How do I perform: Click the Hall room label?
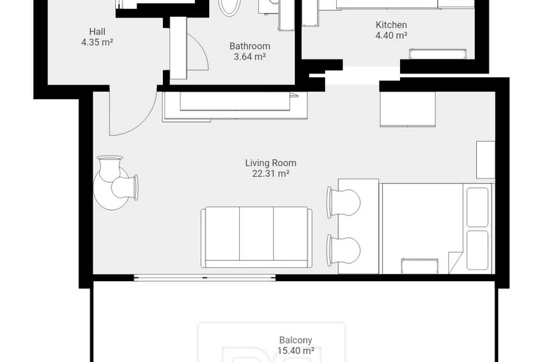click(98, 32)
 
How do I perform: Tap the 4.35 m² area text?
click(98, 43)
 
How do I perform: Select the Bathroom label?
click(249, 46)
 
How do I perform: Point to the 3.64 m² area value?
click(249, 57)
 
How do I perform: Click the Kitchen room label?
click(391, 25)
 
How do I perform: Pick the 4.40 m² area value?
click(391, 35)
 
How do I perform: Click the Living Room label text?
click(271, 163)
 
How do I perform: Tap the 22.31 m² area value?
click(271, 173)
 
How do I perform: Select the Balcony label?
click(296, 340)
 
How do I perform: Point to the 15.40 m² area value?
click(296, 350)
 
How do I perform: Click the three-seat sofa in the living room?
click(257, 237)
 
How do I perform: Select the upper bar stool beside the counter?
click(343, 203)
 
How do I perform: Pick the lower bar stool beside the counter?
click(343, 250)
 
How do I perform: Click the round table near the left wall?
click(109, 189)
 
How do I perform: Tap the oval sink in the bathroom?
click(229, 7)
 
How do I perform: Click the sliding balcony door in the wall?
click(205, 278)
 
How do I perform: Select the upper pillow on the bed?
click(478, 207)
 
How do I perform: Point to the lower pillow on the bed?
click(478, 250)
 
